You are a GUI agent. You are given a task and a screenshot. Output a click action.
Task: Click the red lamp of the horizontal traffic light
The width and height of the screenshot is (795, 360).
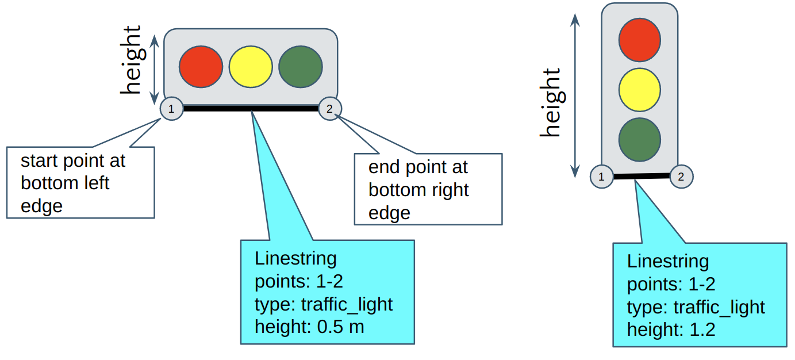point(201,66)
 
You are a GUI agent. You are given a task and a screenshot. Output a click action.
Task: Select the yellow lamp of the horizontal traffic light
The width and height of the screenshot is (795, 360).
point(251,66)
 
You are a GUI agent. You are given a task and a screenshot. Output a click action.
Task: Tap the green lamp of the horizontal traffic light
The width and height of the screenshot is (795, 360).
point(301,66)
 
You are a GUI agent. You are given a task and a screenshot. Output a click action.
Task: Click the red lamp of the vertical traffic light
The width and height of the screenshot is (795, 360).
point(640,40)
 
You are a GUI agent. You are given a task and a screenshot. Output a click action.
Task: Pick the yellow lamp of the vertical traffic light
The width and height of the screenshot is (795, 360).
point(640,90)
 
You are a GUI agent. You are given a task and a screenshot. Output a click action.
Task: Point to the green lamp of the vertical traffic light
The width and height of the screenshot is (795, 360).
point(640,139)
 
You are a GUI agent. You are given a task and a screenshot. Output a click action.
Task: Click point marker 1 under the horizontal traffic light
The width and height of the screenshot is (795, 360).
point(171,109)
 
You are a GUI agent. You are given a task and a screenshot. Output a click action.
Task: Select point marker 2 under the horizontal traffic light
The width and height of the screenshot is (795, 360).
point(330,108)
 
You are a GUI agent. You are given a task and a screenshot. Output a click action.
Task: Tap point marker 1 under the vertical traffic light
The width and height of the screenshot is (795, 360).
point(601,177)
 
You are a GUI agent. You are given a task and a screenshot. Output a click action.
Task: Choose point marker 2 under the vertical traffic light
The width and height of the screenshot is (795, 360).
point(681,177)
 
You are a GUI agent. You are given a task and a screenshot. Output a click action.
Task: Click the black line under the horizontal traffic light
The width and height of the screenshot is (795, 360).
point(251,108)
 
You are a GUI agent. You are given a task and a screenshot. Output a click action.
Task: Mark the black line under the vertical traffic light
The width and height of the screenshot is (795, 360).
point(642,176)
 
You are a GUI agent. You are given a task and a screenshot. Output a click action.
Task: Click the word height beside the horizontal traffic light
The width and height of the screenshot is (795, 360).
point(131,60)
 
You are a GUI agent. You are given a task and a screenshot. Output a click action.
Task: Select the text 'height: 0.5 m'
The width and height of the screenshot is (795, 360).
point(309,327)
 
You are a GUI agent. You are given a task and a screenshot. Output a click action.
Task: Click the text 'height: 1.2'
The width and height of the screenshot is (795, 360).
point(671,330)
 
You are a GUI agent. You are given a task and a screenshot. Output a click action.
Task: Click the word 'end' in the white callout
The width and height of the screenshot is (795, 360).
point(384,167)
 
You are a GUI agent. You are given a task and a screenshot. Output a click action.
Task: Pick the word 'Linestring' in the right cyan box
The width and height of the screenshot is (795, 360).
point(667,261)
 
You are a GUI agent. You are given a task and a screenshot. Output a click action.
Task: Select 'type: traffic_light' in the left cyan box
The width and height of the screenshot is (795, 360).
point(324,304)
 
